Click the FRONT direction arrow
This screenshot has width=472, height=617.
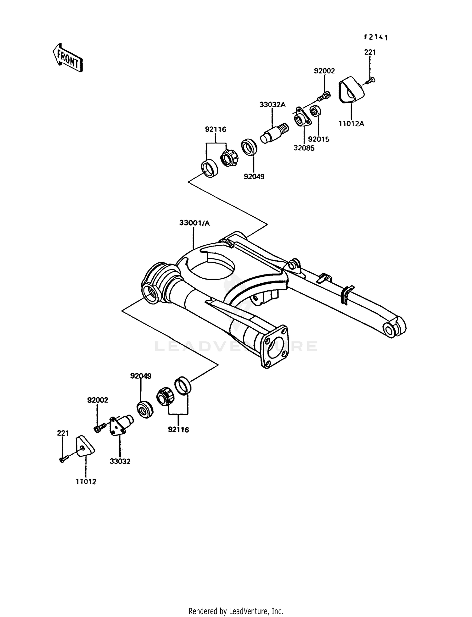click(67, 58)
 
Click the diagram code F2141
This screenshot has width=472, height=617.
click(376, 37)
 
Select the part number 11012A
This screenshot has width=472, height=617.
click(351, 124)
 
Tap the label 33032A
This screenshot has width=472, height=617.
click(272, 105)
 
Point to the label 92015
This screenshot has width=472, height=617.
click(318, 139)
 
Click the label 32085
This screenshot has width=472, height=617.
click(304, 148)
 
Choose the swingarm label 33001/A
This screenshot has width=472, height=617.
click(194, 223)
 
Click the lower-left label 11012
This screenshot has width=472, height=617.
click(86, 481)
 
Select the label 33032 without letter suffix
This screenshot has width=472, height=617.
click(120, 461)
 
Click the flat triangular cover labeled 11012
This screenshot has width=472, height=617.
click(85, 446)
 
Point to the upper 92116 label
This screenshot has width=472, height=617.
click(216, 129)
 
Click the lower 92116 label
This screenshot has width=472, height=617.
click(178, 430)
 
